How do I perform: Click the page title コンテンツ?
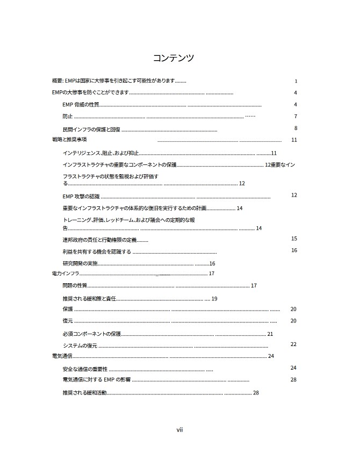(173, 57)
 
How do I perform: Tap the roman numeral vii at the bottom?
(180, 429)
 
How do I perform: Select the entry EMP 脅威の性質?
(81, 104)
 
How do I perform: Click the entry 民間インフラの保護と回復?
(92, 130)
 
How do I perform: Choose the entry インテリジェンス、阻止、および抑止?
(100, 153)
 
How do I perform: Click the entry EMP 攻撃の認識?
(81, 196)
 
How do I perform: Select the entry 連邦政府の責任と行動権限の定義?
(100, 239)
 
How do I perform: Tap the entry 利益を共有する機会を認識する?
(97, 251)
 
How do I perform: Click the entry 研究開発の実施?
(80, 263)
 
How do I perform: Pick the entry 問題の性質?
(75, 285)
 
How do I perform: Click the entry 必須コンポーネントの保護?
(92, 334)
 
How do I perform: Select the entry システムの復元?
(80, 346)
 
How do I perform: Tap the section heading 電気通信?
(62, 356)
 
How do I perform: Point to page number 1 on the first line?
(296, 82)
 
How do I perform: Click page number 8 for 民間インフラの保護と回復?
(296, 128)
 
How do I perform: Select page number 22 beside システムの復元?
(293, 344)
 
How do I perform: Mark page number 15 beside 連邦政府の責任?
(294, 238)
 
